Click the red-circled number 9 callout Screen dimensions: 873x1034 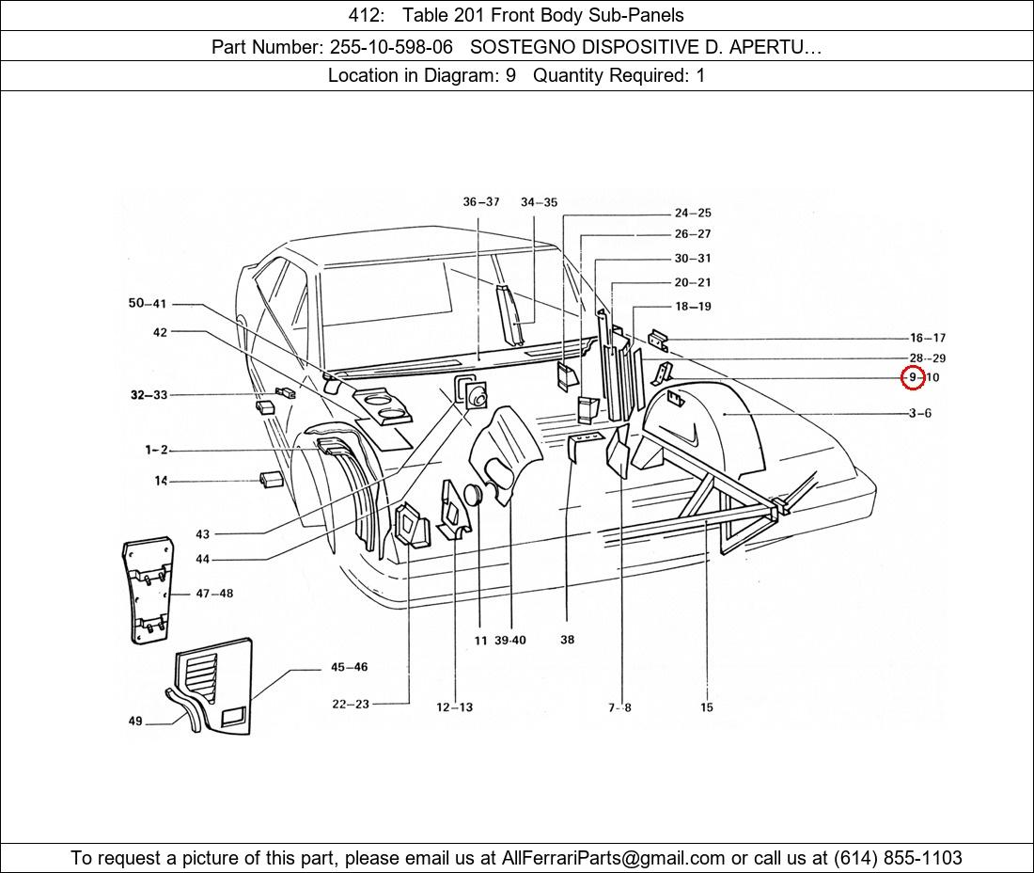[912, 378]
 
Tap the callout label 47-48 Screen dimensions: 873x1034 [214, 594]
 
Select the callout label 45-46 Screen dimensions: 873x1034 [349, 667]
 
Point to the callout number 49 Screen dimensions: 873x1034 [135, 722]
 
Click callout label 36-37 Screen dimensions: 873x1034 [481, 202]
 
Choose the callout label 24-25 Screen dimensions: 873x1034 [693, 213]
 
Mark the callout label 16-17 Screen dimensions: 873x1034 [927, 338]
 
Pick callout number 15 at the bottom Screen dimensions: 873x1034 [707, 707]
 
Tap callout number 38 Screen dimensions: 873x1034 [567, 640]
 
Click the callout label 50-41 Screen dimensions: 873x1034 [147, 303]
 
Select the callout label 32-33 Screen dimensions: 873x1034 [149, 395]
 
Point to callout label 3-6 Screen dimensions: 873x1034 [919, 413]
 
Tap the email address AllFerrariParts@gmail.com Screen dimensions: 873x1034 [614, 858]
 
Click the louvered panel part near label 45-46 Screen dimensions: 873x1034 [218, 688]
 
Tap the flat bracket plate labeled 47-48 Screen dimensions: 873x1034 [147, 590]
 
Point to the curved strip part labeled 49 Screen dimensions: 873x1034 [185, 711]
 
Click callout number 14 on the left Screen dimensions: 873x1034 [161, 481]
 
